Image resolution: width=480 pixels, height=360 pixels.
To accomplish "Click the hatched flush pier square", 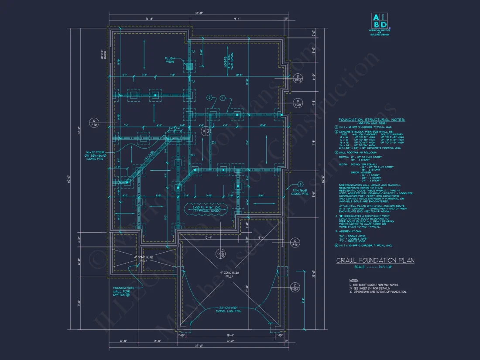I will tap(189, 66).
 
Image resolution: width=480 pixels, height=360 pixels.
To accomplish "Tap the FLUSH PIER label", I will tap(170, 60).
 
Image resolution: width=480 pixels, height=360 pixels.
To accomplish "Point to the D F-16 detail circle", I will tap(295, 243).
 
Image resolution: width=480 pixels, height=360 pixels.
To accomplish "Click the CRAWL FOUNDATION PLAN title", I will tap(375, 261).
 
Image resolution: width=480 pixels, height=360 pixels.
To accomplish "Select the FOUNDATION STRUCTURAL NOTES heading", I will tap(372, 120).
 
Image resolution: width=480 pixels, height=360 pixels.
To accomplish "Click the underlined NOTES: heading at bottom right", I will tap(354, 280).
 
